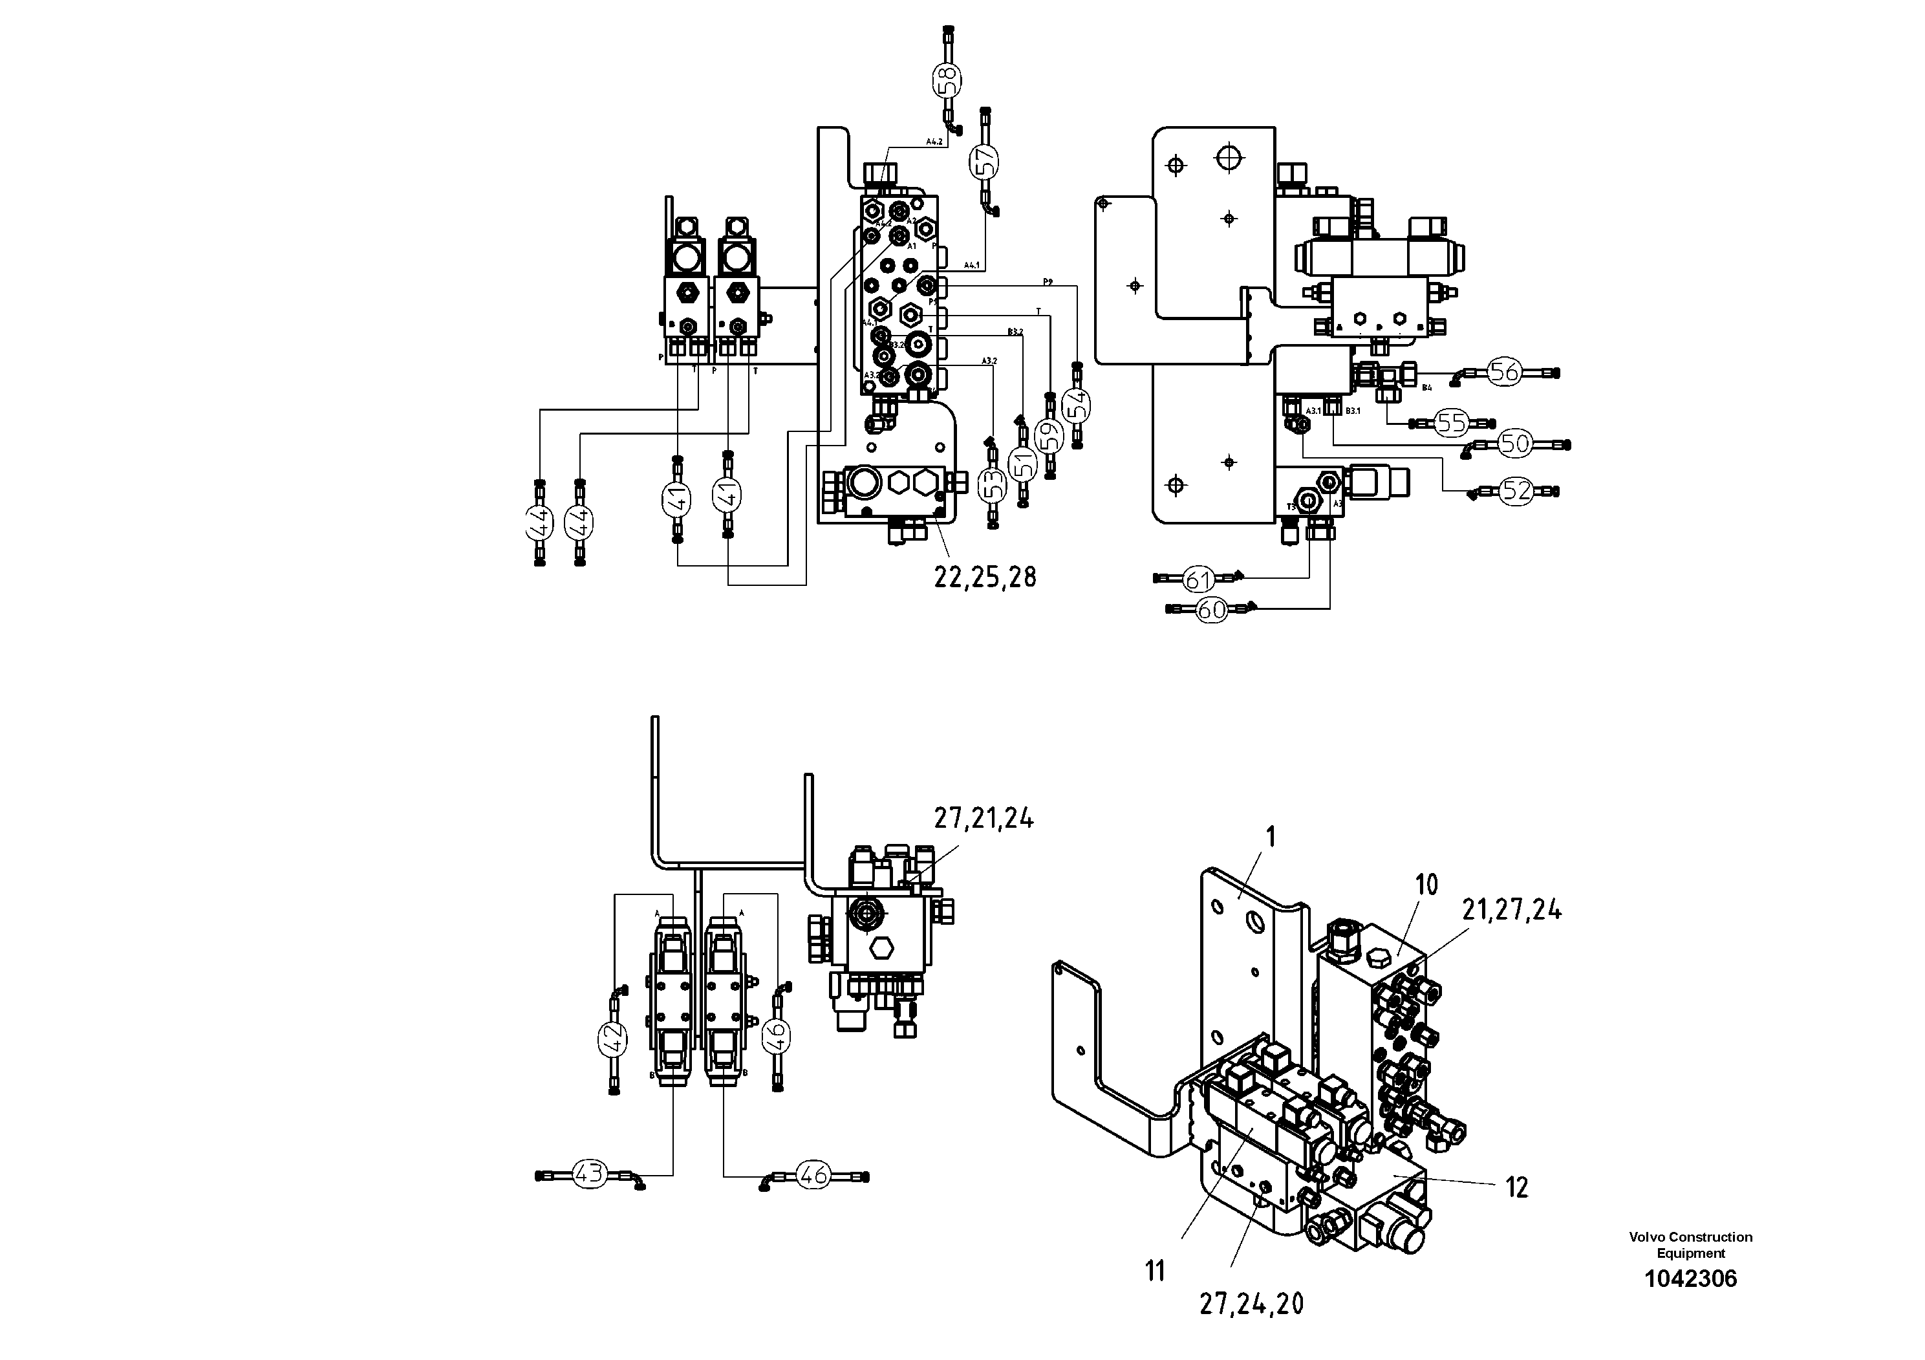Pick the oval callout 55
(x=1450, y=422)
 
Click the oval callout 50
(x=1514, y=443)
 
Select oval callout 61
(x=1199, y=579)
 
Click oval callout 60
(x=1210, y=610)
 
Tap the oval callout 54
(x=1077, y=406)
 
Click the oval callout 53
(x=993, y=484)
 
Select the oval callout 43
(x=590, y=1174)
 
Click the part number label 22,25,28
(x=985, y=577)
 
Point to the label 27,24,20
(x=1251, y=1303)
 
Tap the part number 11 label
(x=1156, y=1272)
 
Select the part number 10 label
(x=1426, y=885)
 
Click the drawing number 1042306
(x=1690, y=1279)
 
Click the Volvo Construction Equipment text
(x=1690, y=1244)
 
